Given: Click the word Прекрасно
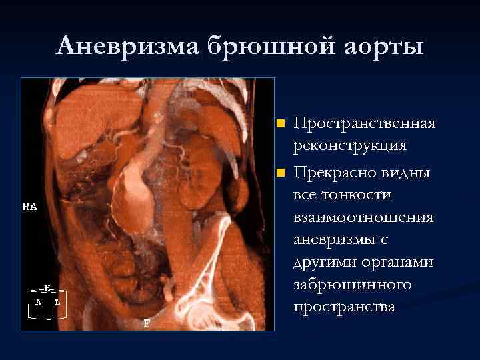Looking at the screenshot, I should pyautogui.click(x=331, y=173).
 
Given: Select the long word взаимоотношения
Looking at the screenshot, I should pyautogui.click(x=363, y=217).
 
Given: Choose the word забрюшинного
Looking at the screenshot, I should pyautogui.click(x=352, y=285).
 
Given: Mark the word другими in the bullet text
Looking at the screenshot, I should pyautogui.click(x=323, y=262).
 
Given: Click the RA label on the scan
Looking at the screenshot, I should pyautogui.click(x=29, y=207).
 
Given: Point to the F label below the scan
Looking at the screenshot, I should pyautogui.click(x=147, y=323).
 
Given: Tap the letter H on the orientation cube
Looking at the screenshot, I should pyautogui.click(x=47, y=288).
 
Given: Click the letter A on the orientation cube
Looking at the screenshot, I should pyautogui.click(x=38, y=301).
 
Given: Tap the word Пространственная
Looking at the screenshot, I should pyautogui.click(x=365, y=123).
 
